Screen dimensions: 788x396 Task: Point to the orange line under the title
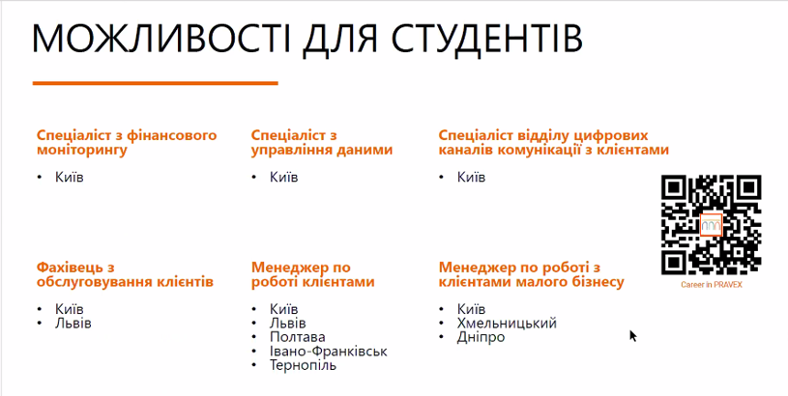pos(156,83)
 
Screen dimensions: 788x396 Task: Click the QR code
pos(711,225)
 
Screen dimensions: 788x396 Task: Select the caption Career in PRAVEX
pos(712,285)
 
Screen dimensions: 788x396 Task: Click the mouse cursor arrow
pos(633,336)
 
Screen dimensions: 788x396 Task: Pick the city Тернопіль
pos(303,365)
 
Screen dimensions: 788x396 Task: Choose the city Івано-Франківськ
pos(329,351)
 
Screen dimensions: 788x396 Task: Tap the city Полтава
pos(298,337)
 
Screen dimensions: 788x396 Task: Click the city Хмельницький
pos(507,323)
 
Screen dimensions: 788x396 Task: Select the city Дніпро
pos(481,337)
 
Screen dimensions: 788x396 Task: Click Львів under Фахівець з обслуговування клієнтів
pos(73,323)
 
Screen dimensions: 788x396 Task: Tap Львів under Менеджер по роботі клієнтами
pos(288,323)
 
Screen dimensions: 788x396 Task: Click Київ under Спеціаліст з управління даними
pos(284,177)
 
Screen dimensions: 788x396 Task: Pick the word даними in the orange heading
pos(366,150)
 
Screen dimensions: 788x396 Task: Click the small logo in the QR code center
pos(711,225)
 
